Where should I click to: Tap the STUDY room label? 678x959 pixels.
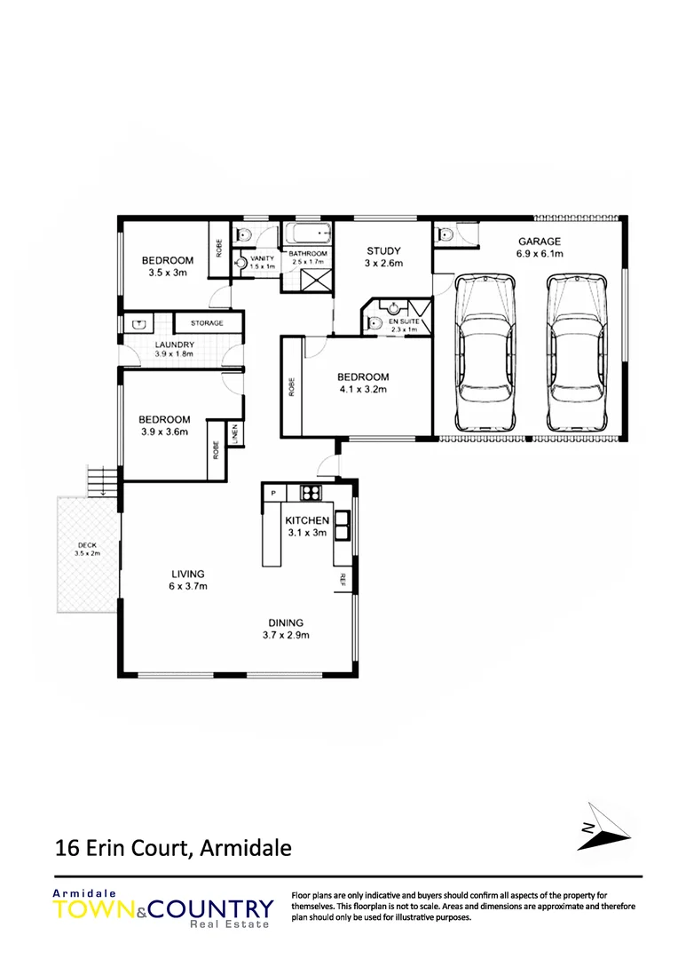pos(383,250)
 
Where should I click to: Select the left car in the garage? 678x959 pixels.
pos(484,353)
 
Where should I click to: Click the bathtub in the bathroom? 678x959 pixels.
pos(307,235)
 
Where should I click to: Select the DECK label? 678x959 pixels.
pos(86,545)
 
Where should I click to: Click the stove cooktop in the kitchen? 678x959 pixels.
pos(311,492)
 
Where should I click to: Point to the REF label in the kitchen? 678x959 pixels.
pos(341,580)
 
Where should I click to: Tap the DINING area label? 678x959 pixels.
pos(285,622)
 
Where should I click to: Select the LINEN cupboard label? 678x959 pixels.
pos(236,434)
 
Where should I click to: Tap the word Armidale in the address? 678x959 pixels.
pos(246,848)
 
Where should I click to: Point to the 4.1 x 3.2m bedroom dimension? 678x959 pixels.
pos(363,389)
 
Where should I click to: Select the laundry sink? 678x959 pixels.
pos(138,323)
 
